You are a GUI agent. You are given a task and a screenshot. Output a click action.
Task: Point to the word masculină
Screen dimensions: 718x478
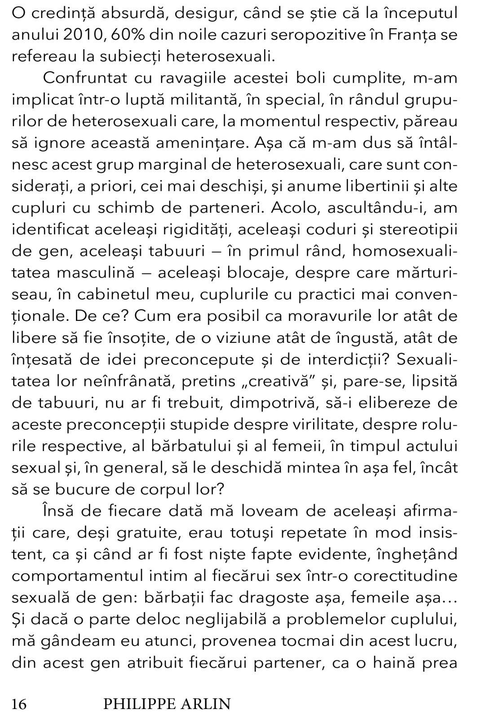pos(112,272)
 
